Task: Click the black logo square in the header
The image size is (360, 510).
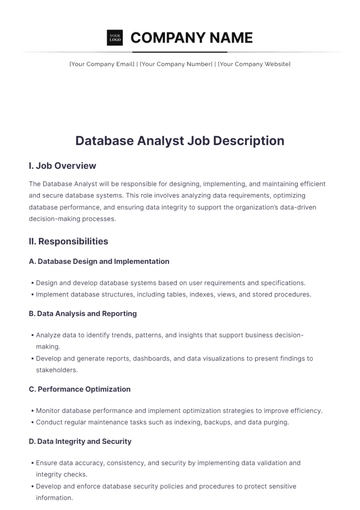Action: click(114, 38)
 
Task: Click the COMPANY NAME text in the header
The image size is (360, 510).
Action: click(191, 38)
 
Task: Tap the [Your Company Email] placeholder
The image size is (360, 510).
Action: click(101, 64)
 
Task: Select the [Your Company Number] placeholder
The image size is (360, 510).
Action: click(176, 64)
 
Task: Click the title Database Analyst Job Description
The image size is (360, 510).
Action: click(180, 141)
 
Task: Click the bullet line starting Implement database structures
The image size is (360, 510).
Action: click(172, 295)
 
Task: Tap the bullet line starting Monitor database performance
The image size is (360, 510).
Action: click(178, 410)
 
